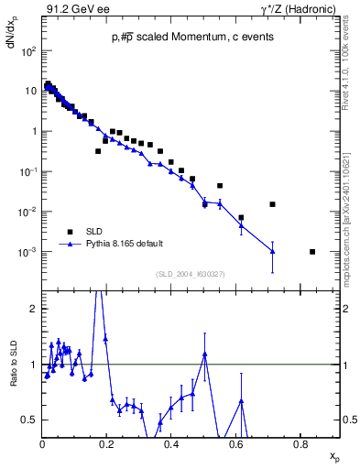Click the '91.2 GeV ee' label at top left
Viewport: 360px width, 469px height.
pos(74,9)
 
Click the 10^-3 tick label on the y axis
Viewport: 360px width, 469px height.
pos(28,252)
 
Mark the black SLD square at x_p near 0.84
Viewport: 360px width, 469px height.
pos(312,252)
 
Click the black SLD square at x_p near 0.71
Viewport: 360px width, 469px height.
pos(272,204)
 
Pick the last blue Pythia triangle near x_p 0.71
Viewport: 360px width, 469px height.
pos(272,251)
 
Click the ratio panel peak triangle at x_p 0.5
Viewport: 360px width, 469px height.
pos(205,354)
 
